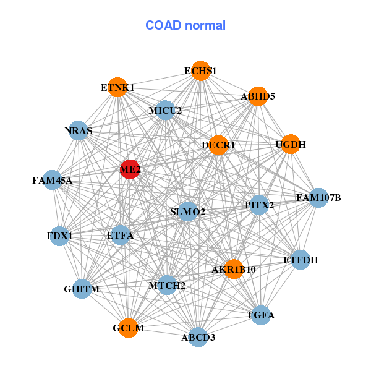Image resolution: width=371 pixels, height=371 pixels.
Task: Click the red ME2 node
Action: point(129,169)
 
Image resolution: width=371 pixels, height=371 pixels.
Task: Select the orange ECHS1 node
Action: point(200,71)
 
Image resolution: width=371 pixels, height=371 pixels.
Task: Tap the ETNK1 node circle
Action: point(117,87)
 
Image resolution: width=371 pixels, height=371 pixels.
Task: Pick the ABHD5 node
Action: point(257,96)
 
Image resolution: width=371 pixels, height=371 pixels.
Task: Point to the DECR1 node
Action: point(218,145)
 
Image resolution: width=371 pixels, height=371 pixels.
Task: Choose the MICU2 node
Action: point(165,111)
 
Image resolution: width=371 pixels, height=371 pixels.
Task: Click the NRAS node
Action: point(78,130)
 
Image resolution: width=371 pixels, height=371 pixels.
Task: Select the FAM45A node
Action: point(53,180)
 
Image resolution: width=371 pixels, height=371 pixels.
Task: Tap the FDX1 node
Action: point(59,236)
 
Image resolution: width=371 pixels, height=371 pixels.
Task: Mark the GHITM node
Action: point(82,289)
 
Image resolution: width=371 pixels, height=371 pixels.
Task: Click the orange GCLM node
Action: point(129,328)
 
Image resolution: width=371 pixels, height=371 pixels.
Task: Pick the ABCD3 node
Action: point(198,337)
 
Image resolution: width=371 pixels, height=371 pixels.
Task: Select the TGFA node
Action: point(261,315)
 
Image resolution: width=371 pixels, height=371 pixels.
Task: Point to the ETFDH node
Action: point(301,260)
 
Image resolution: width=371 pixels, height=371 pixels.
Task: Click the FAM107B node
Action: point(318,198)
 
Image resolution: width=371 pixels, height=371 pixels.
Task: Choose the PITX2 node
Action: point(259,205)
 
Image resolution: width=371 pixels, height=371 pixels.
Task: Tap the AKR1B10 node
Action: point(233,269)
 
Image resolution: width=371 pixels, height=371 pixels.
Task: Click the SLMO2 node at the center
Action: point(187,211)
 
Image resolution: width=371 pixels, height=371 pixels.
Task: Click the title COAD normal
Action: point(185,25)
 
